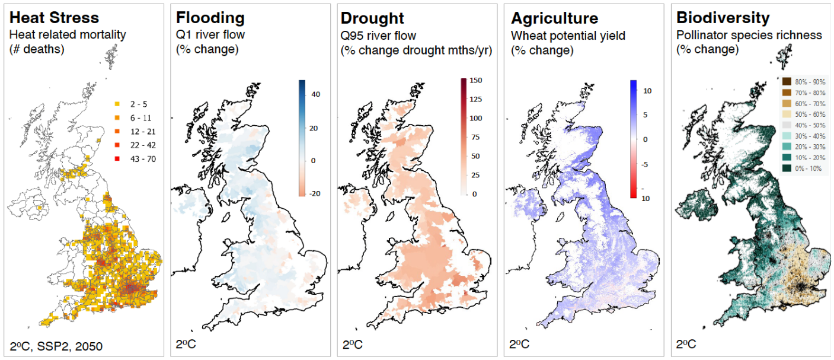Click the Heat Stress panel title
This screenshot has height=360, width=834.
tap(54, 18)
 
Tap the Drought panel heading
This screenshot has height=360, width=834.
tap(372, 18)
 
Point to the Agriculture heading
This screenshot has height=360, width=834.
tap(554, 18)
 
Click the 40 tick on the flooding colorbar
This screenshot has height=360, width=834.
tap(315, 94)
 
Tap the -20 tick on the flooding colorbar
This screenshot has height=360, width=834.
tap(315, 193)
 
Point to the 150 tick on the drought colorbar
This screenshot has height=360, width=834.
tap(476, 80)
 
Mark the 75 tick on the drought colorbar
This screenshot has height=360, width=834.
tap(476, 137)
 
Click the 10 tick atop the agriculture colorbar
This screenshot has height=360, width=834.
tap(647, 91)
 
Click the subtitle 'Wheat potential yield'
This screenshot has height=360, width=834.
tap(568, 36)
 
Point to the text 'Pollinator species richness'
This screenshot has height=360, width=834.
tap(749, 36)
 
